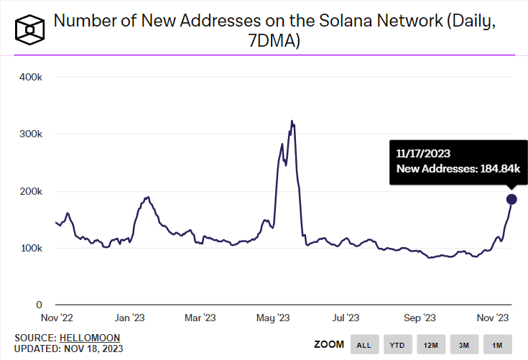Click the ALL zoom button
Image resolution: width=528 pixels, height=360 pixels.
point(364,345)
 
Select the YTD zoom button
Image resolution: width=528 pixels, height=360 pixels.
point(397,345)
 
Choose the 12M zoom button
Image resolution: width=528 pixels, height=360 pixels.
point(431,345)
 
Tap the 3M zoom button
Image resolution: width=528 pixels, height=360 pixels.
point(464,345)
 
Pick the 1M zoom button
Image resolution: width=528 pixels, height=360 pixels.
point(497,345)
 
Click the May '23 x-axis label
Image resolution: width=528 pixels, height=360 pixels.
point(273,318)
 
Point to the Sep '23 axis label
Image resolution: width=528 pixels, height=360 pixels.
point(420,318)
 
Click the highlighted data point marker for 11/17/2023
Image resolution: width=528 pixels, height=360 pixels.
point(511,199)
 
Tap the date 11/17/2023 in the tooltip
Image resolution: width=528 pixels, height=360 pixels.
point(423,153)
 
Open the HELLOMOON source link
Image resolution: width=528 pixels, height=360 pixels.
point(89,337)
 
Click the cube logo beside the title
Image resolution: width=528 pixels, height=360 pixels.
point(29,28)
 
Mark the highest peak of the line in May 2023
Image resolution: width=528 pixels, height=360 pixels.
point(291,121)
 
